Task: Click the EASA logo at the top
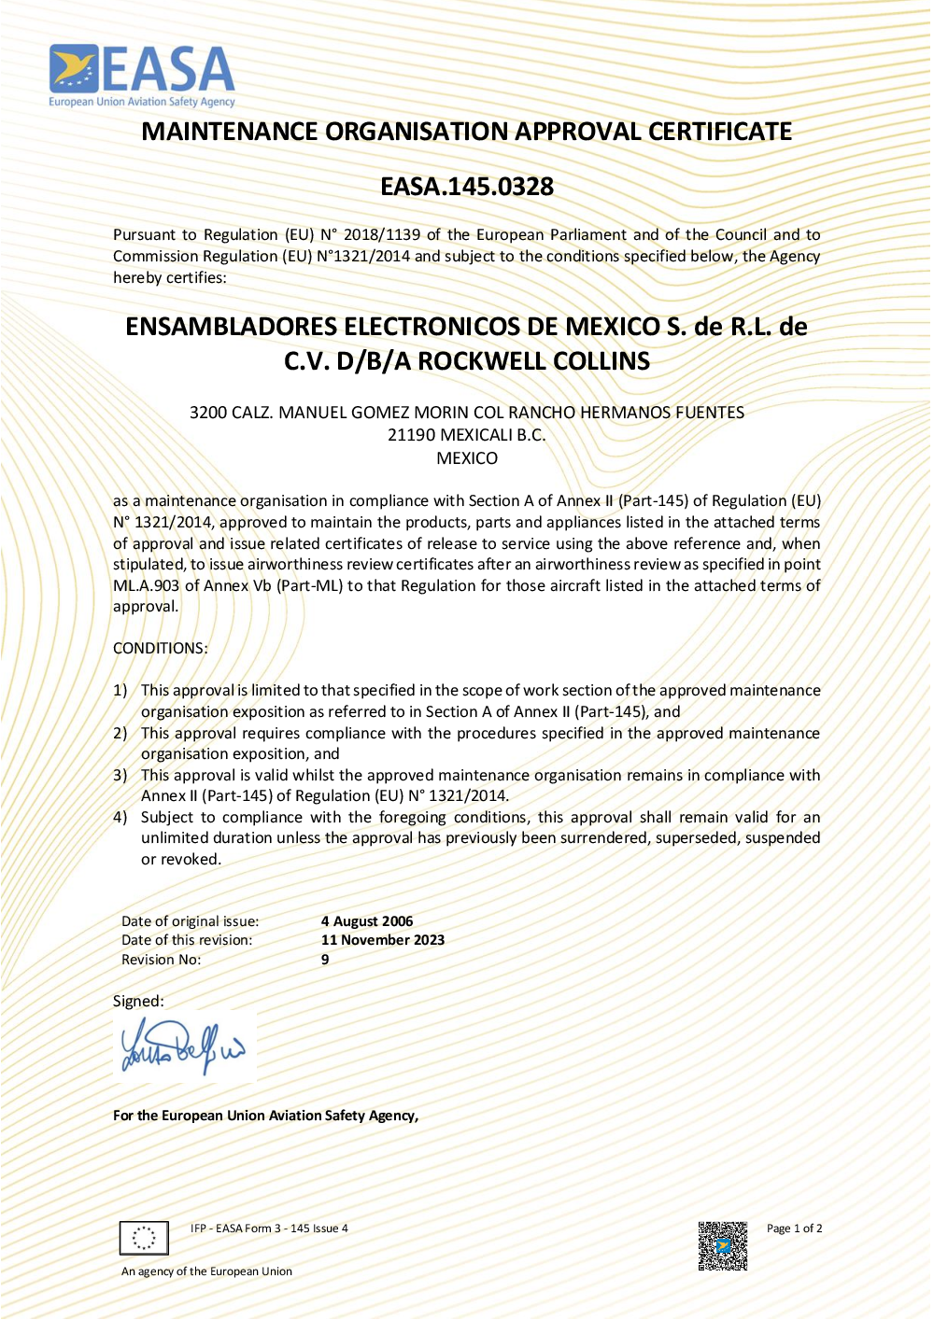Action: tap(142, 75)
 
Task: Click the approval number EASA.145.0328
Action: tap(467, 187)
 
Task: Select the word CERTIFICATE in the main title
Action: tap(720, 132)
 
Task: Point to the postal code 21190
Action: tap(412, 435)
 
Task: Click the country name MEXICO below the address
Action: tap(467, 458)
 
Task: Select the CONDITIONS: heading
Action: tap(161, 648)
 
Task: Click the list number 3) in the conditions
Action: tap(120, 775)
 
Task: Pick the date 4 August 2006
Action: tap(367, 921)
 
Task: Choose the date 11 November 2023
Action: tap(383, 940)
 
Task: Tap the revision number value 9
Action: tap(325, 960)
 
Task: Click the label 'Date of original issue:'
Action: tap(191, 921)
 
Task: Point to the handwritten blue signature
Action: tap(183, 1047)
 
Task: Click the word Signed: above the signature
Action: tap(138, 1001)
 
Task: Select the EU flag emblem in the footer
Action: tap(144, 1238)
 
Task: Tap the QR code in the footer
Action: tap(723, 1245)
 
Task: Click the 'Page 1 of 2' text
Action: tap(794, 1229)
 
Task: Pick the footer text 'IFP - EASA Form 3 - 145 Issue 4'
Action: tap(269, 1229)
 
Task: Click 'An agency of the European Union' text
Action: tap(206, 1271)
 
